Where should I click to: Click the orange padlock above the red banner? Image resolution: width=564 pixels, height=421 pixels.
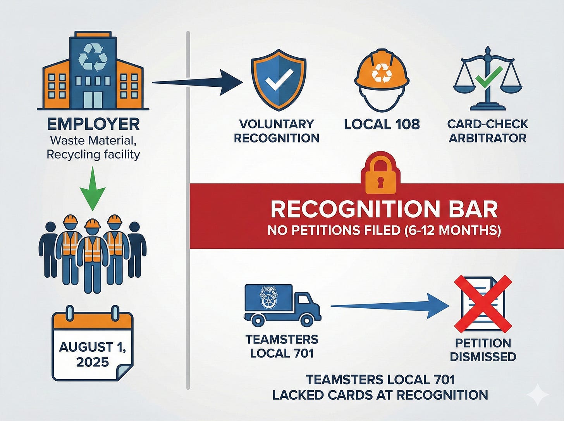(x=380, y=175)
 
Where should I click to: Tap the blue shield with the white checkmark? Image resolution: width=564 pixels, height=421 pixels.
(x=279, y=80)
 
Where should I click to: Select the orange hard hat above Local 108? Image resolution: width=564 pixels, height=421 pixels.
(x=382, y=72)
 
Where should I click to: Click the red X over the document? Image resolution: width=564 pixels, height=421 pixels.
(x=483, y=304)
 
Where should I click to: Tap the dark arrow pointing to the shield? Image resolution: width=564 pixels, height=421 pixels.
(x=198, y=82)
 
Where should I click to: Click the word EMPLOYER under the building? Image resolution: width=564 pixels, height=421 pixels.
(x=93, y=124)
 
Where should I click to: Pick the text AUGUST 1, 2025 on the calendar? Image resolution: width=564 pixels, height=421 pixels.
(x=93, y=354)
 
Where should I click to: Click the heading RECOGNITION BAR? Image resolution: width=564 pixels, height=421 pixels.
(x=384, y=209)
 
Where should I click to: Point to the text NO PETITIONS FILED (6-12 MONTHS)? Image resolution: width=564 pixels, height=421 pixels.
(x=384, y=230)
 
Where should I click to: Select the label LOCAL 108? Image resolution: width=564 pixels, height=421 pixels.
(x=382, y=124)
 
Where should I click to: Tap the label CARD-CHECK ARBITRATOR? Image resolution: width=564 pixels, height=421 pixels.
(x=487, y=131)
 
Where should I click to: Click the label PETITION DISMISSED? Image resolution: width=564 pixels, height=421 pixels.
(x=483, y=350)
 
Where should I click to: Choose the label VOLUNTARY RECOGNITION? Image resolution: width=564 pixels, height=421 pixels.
(x=277, y=131)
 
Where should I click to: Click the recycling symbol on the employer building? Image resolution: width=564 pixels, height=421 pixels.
(x=93, y=57)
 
